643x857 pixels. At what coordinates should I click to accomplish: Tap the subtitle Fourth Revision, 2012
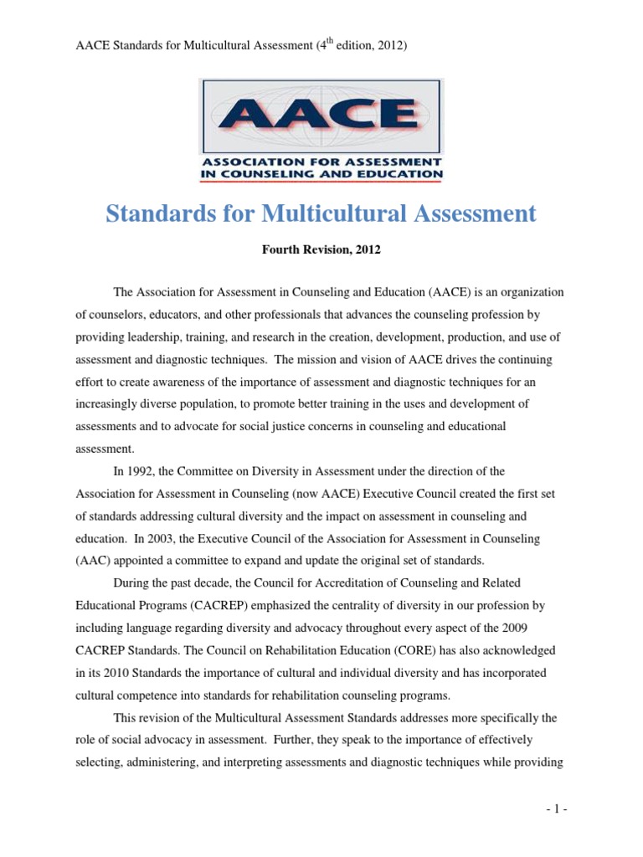point(321,250)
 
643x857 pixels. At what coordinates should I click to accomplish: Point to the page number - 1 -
point(554,809)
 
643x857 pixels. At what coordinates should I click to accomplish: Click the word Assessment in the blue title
point(475,213)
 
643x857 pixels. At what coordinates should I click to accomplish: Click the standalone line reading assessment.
point(105,448)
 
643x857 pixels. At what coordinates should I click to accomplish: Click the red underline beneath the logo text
point(321,182)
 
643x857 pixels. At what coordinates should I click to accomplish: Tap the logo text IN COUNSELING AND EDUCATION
point(321,173)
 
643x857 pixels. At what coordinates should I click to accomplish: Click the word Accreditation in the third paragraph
point(295,582)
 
